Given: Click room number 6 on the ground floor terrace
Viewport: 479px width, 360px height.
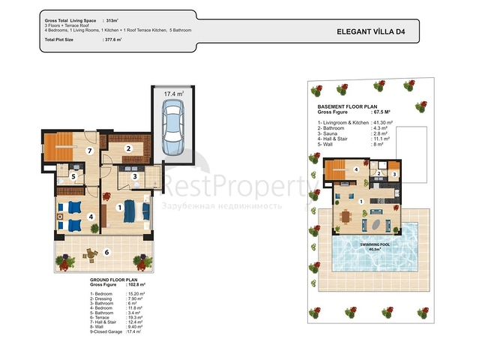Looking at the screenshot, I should pyautogui.click(x=106, y=252).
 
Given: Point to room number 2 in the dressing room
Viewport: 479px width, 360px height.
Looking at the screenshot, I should pyautogui.click(x=128, y=148).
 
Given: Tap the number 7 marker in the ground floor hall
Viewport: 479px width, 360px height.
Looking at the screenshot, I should pyautogui.click(x=88, y=151).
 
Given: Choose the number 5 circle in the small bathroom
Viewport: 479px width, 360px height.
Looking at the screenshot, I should pyautogui.click(x=73, y=176).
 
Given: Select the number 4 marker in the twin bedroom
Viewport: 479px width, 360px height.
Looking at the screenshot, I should pyautogui.click(x=91, y=217).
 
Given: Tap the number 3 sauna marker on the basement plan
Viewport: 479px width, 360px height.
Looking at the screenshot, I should pyautogui.click(x=394, y=175).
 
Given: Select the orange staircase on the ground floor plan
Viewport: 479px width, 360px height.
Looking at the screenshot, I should pyautogui.click(x=60, y=145).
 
